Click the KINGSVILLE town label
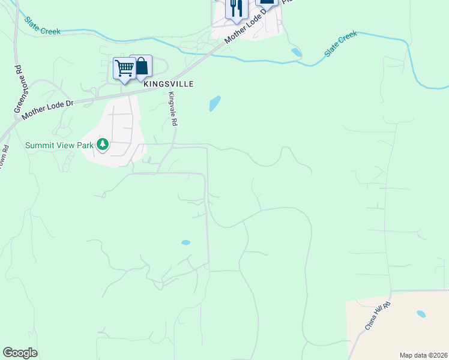point(169,84)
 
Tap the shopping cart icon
point(124,68)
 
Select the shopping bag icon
point(142,66)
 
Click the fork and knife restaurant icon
point(236,8)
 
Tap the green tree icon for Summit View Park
point(103,144)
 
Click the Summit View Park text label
point(59,145)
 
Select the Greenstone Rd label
point(18,89)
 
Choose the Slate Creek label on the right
point(341,44)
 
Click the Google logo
point(20,353)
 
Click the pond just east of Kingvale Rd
point(214,104)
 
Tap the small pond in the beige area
point(421,314)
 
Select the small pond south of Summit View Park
point(185,243)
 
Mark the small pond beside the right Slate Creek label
point(297,52)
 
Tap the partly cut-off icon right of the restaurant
point(267,2)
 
